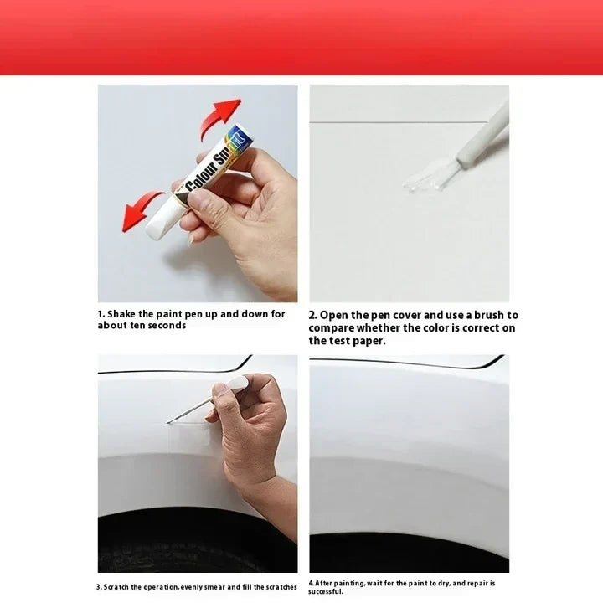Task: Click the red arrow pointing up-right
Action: point(219,118)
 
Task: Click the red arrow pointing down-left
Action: point(142,210)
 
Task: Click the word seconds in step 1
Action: point(167,325)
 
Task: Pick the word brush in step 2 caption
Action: point(489,316)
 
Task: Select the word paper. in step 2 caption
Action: point(369,341)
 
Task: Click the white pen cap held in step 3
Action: point(237,384)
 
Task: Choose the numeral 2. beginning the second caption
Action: point(312,316)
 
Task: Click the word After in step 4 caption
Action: point(324,584)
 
